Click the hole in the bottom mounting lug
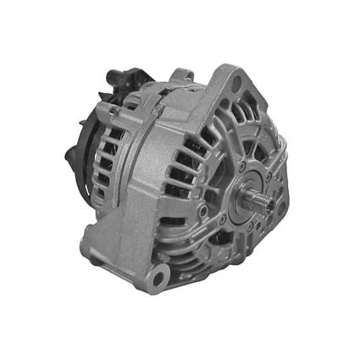click(158, 274)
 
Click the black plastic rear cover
click(85, 161)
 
